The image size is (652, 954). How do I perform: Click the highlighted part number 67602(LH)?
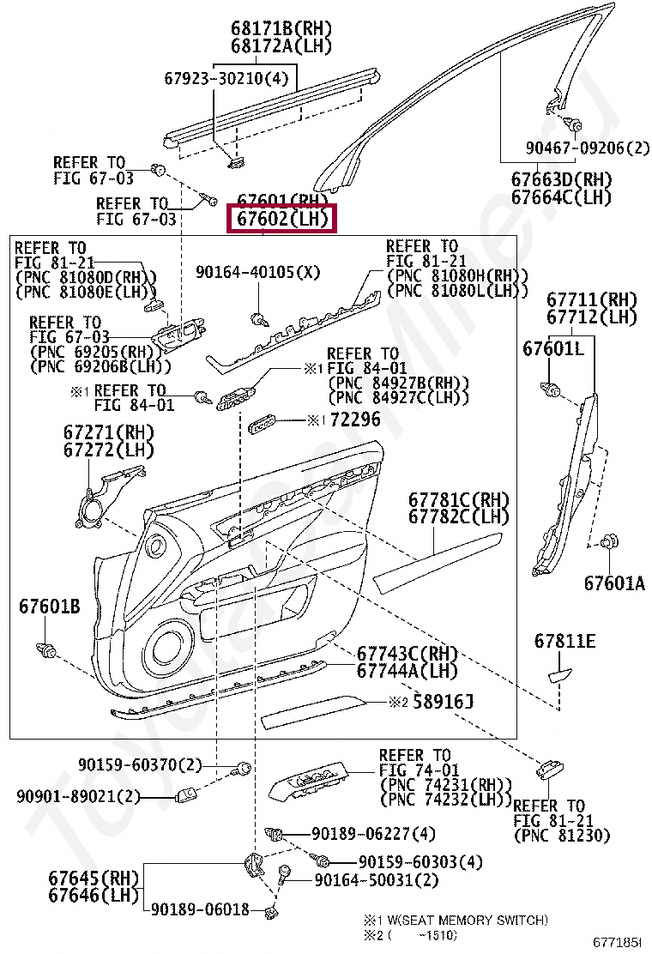[282, 220]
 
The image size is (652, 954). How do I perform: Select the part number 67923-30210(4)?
[226, 79]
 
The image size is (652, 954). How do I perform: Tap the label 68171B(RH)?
[269, 27]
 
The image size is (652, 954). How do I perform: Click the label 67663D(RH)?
[561, 180]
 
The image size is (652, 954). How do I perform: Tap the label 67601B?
[49, 607]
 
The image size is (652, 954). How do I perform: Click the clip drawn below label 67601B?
[47, 650]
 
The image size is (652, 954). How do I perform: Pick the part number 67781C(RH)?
[458, 499]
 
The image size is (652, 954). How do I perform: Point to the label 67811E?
[564, 641]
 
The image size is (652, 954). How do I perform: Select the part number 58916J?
[443, 703]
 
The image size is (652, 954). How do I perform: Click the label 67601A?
[614, 583]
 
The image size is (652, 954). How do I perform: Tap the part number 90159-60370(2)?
[140, 764]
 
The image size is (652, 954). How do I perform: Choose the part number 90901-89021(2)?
[77, 796]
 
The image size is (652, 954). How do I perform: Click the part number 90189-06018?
[201, 909]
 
